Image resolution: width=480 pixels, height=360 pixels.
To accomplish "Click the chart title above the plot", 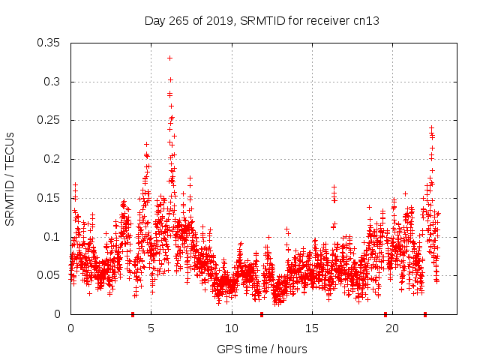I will pos(262,20).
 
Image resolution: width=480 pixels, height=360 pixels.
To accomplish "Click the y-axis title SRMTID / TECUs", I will pos(10,178).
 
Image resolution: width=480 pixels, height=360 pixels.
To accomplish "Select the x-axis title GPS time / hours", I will pos(262,349).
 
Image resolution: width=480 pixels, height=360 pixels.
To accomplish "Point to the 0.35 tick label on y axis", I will pos(49,43).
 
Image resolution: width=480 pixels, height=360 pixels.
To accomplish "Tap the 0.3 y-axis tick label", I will pos(52,82).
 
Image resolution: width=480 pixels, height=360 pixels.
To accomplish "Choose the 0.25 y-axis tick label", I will pos(49,120).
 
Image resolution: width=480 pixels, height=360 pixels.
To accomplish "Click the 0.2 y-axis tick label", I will pos(52,159).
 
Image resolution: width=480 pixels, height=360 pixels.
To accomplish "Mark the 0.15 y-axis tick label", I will pos(49,198).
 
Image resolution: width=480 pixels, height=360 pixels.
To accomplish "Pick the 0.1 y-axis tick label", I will pos(52,237).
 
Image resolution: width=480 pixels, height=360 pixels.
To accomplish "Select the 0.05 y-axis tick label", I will pos(49,275).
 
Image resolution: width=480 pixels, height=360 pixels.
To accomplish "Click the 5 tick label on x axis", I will pos(151,328).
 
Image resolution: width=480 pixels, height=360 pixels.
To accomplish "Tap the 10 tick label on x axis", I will pos(231,328).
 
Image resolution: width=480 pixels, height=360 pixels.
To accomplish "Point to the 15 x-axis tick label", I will pos(311,328).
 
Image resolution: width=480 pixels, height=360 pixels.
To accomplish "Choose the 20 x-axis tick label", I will pos(391,328).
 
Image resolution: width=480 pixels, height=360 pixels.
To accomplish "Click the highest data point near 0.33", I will pos(169,58).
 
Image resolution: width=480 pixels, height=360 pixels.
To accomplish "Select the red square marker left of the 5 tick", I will pos(133,313).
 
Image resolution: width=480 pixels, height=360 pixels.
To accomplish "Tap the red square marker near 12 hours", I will pos(262,313).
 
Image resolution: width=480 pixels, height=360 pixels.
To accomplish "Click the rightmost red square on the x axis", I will pos(425,313).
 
